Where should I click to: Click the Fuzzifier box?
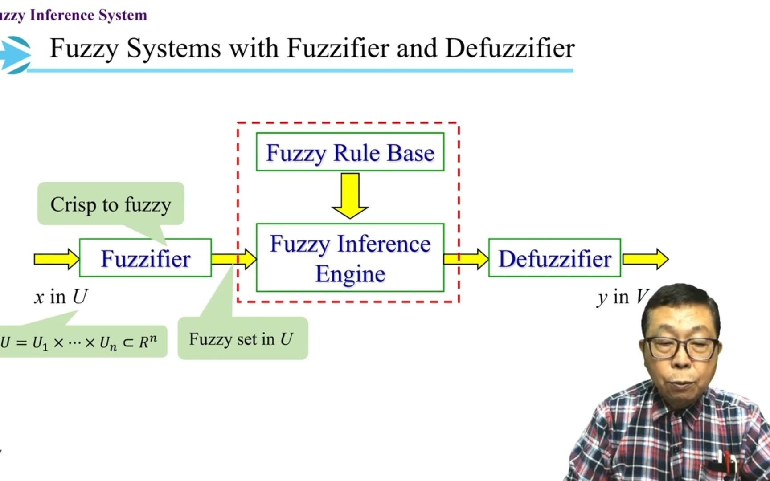tap(145, 258)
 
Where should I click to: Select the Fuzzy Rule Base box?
tap(350, 152)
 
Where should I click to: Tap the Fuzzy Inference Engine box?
tap(350, 258)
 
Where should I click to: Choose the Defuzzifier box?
tap(554, 258)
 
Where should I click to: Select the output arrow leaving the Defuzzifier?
tap(645, 259)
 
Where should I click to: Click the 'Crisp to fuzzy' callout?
tap(111, 204)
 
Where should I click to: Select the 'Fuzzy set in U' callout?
tap(242, 339)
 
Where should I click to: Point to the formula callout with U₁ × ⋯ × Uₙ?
tap(80, 342)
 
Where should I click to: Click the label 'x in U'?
tap(61, 297)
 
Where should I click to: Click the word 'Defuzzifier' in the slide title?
tap(510, 48)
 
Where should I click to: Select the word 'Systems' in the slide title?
tap(174, 48)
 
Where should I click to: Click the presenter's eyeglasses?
tap(682, 348)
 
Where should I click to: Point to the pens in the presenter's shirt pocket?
tap(724, 463)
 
